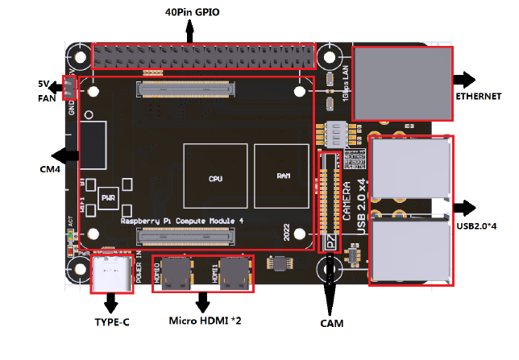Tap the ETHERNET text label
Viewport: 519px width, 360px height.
(479, 96)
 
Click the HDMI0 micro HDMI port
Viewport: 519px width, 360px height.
(176, 273)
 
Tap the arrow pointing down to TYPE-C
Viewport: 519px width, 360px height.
(110, 304)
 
